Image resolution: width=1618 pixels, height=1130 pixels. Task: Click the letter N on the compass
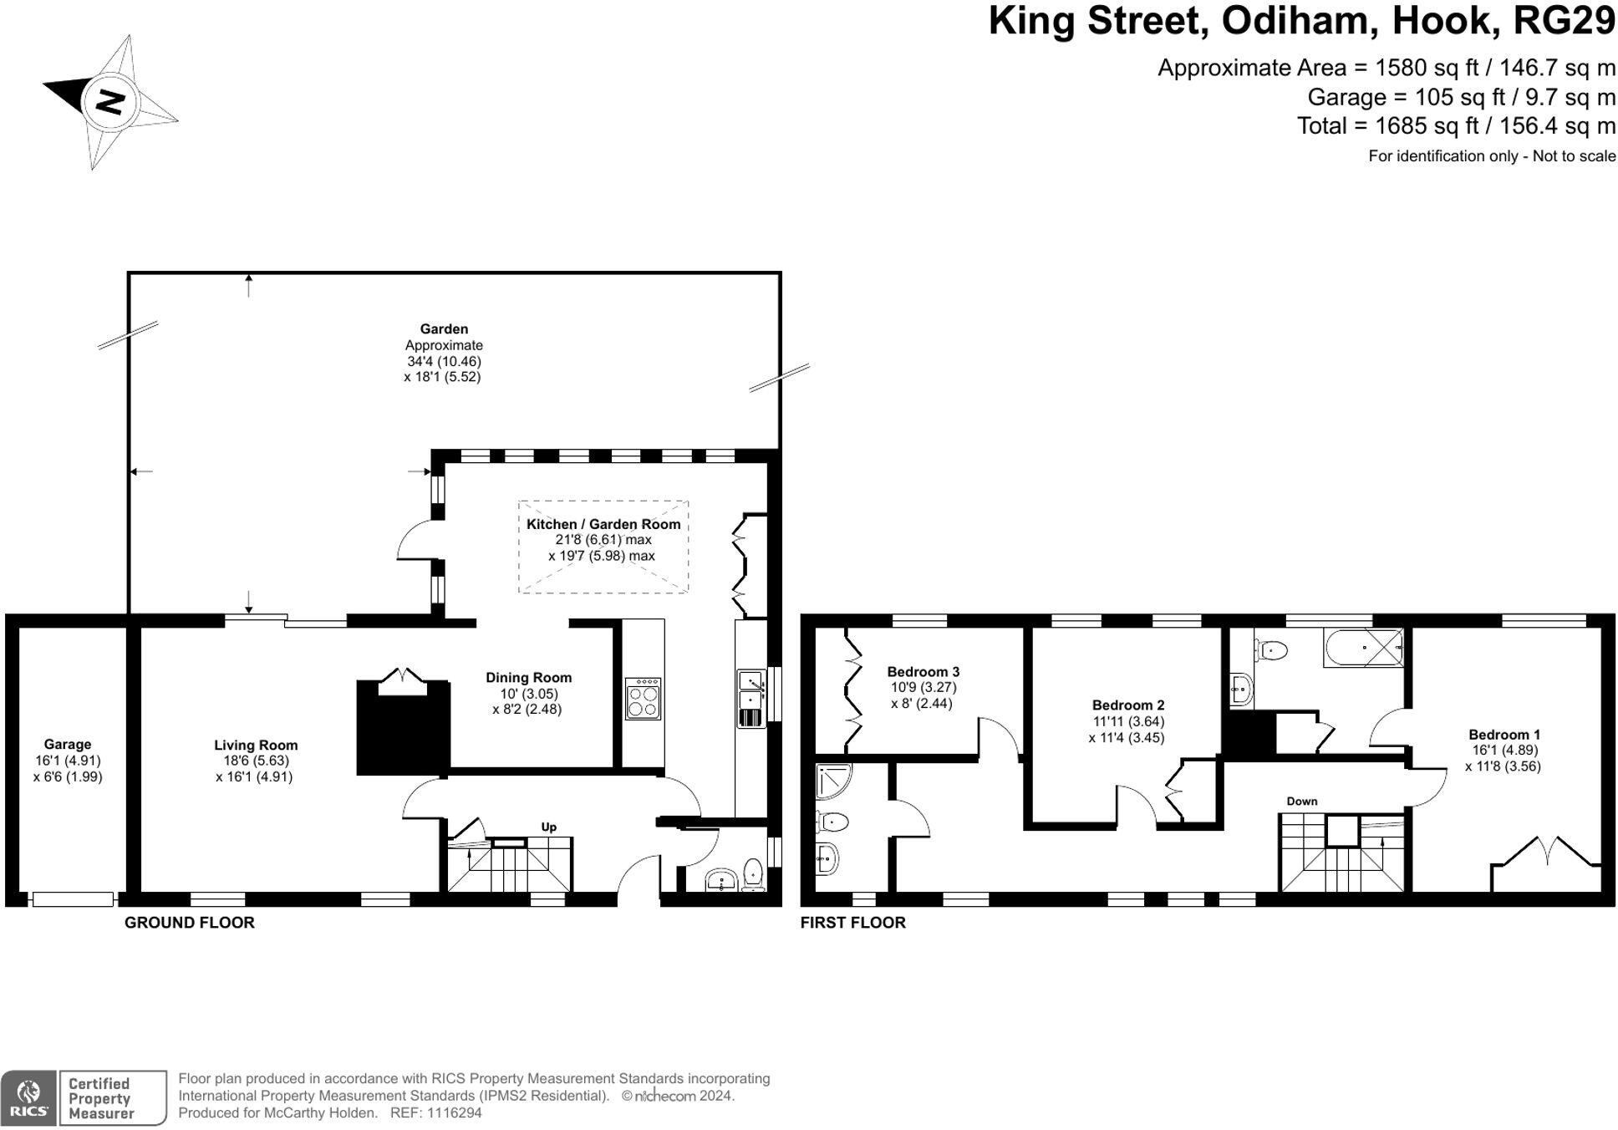pos(109,102)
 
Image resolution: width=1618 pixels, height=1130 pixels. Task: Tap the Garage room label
pos(68,744)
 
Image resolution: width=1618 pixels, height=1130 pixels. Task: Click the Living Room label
pos(256,745)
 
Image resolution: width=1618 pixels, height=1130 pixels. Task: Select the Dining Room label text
pos(528,677)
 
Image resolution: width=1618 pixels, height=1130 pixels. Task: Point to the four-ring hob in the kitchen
pos(643,700)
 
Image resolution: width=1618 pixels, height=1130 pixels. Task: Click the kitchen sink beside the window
pos(750,697)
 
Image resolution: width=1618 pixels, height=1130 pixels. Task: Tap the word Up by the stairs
pos(548,827)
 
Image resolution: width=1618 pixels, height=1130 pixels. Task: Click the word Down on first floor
pos(1301,801)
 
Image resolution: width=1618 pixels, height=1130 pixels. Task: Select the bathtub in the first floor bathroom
pos(1362,648)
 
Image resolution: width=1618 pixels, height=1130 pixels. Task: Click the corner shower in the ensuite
pos(833,779)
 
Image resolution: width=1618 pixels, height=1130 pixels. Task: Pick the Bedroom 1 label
pos(1504,735)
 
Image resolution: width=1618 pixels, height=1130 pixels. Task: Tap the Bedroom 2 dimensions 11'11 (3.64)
pos(1127,721)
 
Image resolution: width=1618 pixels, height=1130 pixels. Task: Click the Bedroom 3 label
pos(923,671)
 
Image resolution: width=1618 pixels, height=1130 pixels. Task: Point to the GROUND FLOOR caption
pos(189,922)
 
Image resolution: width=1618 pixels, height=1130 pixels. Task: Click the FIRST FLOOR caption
pos(852,922)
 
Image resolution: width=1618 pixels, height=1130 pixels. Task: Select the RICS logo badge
pos(28,1097)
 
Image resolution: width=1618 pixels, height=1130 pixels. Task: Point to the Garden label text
pos(444,328)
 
